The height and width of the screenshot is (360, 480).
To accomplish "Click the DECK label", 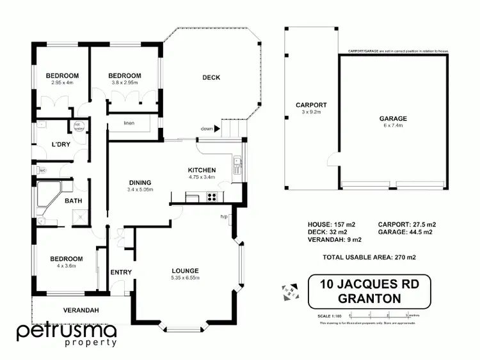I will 211,78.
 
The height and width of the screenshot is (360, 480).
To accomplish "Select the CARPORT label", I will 311,105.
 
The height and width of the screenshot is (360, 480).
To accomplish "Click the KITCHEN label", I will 202,170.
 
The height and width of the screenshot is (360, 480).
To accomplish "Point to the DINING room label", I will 140,182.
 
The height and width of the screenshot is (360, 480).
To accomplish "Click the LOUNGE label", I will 185,270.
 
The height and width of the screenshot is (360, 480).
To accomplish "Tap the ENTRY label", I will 121,272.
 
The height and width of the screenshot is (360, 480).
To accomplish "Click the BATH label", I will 72,201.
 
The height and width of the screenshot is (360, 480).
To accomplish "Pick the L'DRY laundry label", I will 61,145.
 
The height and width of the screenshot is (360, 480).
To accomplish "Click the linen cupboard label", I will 129,123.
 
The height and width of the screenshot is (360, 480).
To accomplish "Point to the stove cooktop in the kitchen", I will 210,198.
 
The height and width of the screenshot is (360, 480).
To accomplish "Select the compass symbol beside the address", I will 290,290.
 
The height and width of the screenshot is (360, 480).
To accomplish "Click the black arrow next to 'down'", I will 217,129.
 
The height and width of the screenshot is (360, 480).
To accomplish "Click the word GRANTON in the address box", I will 369,298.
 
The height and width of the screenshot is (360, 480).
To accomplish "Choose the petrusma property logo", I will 66,334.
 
